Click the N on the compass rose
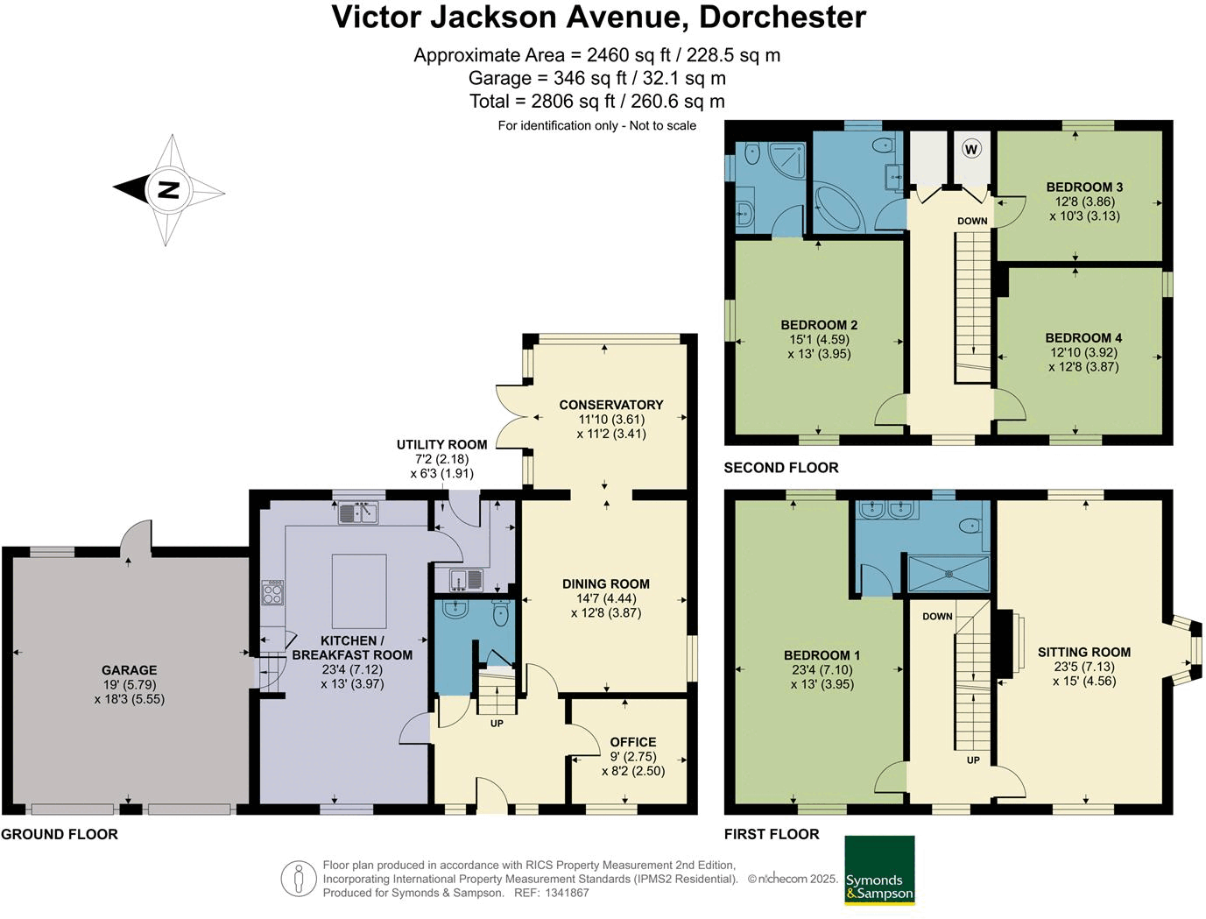pos(169,190)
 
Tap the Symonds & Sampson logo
pos(879,870)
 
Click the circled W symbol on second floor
pos(971,149)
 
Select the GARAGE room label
pos(129,670)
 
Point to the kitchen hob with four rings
pos(272,592)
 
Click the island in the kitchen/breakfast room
pos(359,590)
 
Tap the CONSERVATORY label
pos(611,405)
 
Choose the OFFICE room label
pos(633,742)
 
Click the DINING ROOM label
pos(605,583)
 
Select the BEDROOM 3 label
pos(1084,187)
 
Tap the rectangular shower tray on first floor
pos(949,575)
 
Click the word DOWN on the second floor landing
pos(972,221)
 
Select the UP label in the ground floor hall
pos(496,724)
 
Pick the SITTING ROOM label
pos(1083,652)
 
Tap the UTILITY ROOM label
pos(441,444)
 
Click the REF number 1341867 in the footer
pos(567,893)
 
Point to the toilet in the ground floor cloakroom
pos(501,613)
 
